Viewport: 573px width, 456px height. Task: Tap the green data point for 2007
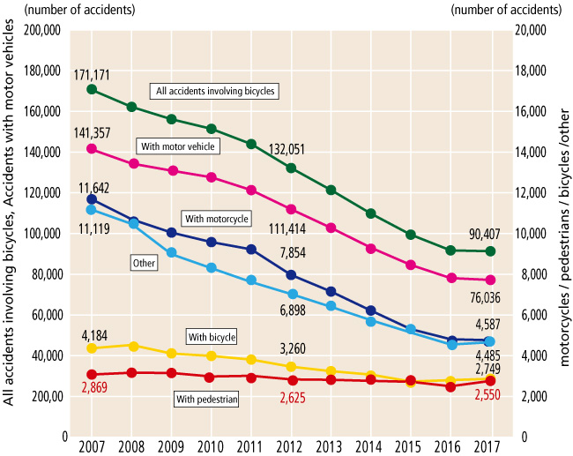pyautogui.click(x=92, y=89)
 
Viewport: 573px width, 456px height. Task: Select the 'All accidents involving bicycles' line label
pyautogui.click(x=215, y=91)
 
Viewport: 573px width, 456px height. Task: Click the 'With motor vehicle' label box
pyautogui.click(x=177, y=146)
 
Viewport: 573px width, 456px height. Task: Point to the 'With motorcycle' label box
pyautogui.click(x=216, y=218)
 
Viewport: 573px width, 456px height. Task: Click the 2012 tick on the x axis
pyautogui.click(x=291, y=444)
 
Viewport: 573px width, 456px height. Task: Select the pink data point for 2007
pyautogui.click(x=92, y=149)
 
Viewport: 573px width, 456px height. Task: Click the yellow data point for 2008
pyautogui.click(x=132, y=346)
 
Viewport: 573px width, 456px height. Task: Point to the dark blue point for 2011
pyautogui.click(x=251, y=250)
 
